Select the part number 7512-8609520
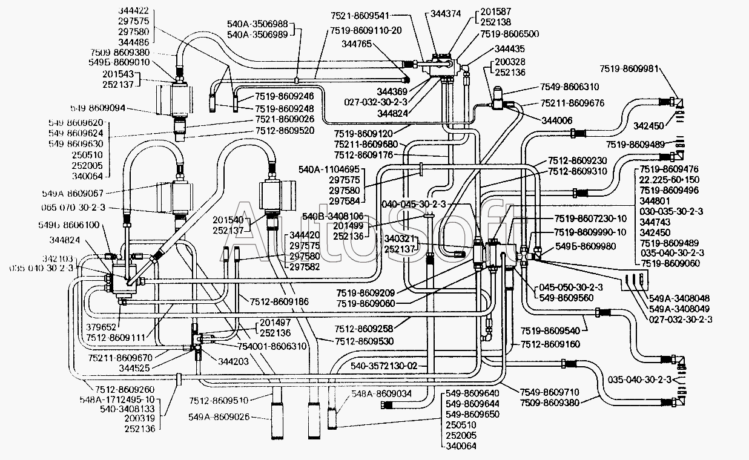(284, 130)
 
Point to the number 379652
(97, 326)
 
